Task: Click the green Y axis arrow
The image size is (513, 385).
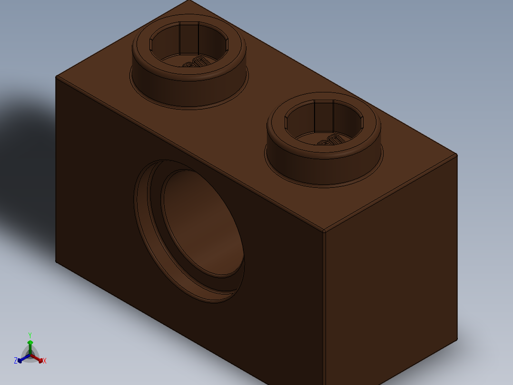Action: pos(30,344)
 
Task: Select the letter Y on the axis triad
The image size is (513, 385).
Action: pos(30,335)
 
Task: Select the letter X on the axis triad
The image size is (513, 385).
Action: pos(45,361)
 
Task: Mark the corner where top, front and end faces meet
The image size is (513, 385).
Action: pos(324,232)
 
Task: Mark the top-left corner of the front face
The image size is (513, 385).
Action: pos(56,77)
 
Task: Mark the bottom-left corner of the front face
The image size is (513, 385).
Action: pos(56,262)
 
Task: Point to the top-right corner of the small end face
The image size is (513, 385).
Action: pos(456,155)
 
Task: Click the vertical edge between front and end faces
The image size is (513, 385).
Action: pos(324,310)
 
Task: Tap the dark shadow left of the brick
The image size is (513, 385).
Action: pos(24,143)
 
